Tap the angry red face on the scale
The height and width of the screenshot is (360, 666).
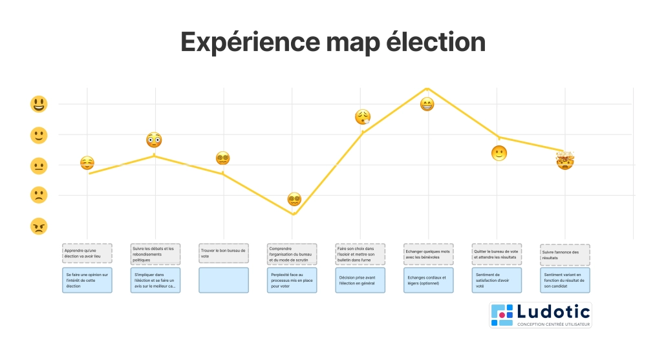coord(39,226)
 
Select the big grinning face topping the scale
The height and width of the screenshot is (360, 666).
coord(39,104)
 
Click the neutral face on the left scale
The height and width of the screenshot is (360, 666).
coord(39,165)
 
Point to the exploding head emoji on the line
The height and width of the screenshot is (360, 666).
coord(566,160)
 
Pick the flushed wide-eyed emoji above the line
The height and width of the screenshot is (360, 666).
coord(154,140)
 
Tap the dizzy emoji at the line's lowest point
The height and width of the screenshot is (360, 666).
coord(294,199)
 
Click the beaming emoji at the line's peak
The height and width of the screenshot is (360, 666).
coord(427,103)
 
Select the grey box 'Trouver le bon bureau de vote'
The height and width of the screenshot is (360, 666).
coord(224,253)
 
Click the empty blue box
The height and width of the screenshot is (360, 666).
coord(224,280)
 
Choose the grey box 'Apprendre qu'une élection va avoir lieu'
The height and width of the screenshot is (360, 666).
coord(87,253)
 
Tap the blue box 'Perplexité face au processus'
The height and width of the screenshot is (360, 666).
coord(292,280)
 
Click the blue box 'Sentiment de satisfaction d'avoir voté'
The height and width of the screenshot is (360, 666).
coord(497,280)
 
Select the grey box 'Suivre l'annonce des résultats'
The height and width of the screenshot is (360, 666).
coord(564,255)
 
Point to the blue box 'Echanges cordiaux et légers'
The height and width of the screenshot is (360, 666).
coord(428,280)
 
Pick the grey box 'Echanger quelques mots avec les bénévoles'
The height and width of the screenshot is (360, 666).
coord(428,253)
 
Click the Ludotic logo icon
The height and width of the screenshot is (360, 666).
coord(502,314)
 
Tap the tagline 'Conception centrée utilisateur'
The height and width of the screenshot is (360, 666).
coord(553,324)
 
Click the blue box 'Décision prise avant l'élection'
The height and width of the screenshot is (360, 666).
coord(360,280)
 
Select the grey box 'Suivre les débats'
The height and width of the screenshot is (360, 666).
coord(155,253)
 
